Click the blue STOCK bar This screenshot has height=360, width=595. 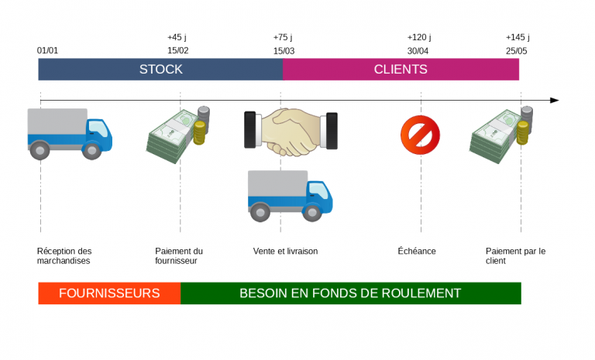click(x=160, y=69)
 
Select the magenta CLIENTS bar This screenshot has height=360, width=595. click(x=401, y=69)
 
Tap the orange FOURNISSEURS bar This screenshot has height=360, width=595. click(x=109, y=293)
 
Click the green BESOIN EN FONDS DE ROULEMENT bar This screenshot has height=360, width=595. click(x=350, y=293)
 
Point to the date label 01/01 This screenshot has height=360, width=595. click(x=47, y=51)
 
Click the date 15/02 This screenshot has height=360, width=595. click(x=178, y=51)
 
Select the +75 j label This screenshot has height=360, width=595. click(x=283, y=36)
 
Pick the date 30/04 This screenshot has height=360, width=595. click(x=418, y=51)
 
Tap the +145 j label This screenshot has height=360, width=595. click(x=518, y=36)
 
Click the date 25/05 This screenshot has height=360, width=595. click(x=517, y=51)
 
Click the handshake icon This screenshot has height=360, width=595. click(x=291, y=130)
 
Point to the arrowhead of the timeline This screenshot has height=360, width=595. click(x=554, y=100)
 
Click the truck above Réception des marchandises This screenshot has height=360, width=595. click(x=69, y=133)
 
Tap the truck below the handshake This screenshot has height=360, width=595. click(x=290, y=195)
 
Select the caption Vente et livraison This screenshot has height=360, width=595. click(x=285, y=252)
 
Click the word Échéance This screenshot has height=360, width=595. click(x=417, y=252)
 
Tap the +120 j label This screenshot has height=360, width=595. click(x=419, y=36)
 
